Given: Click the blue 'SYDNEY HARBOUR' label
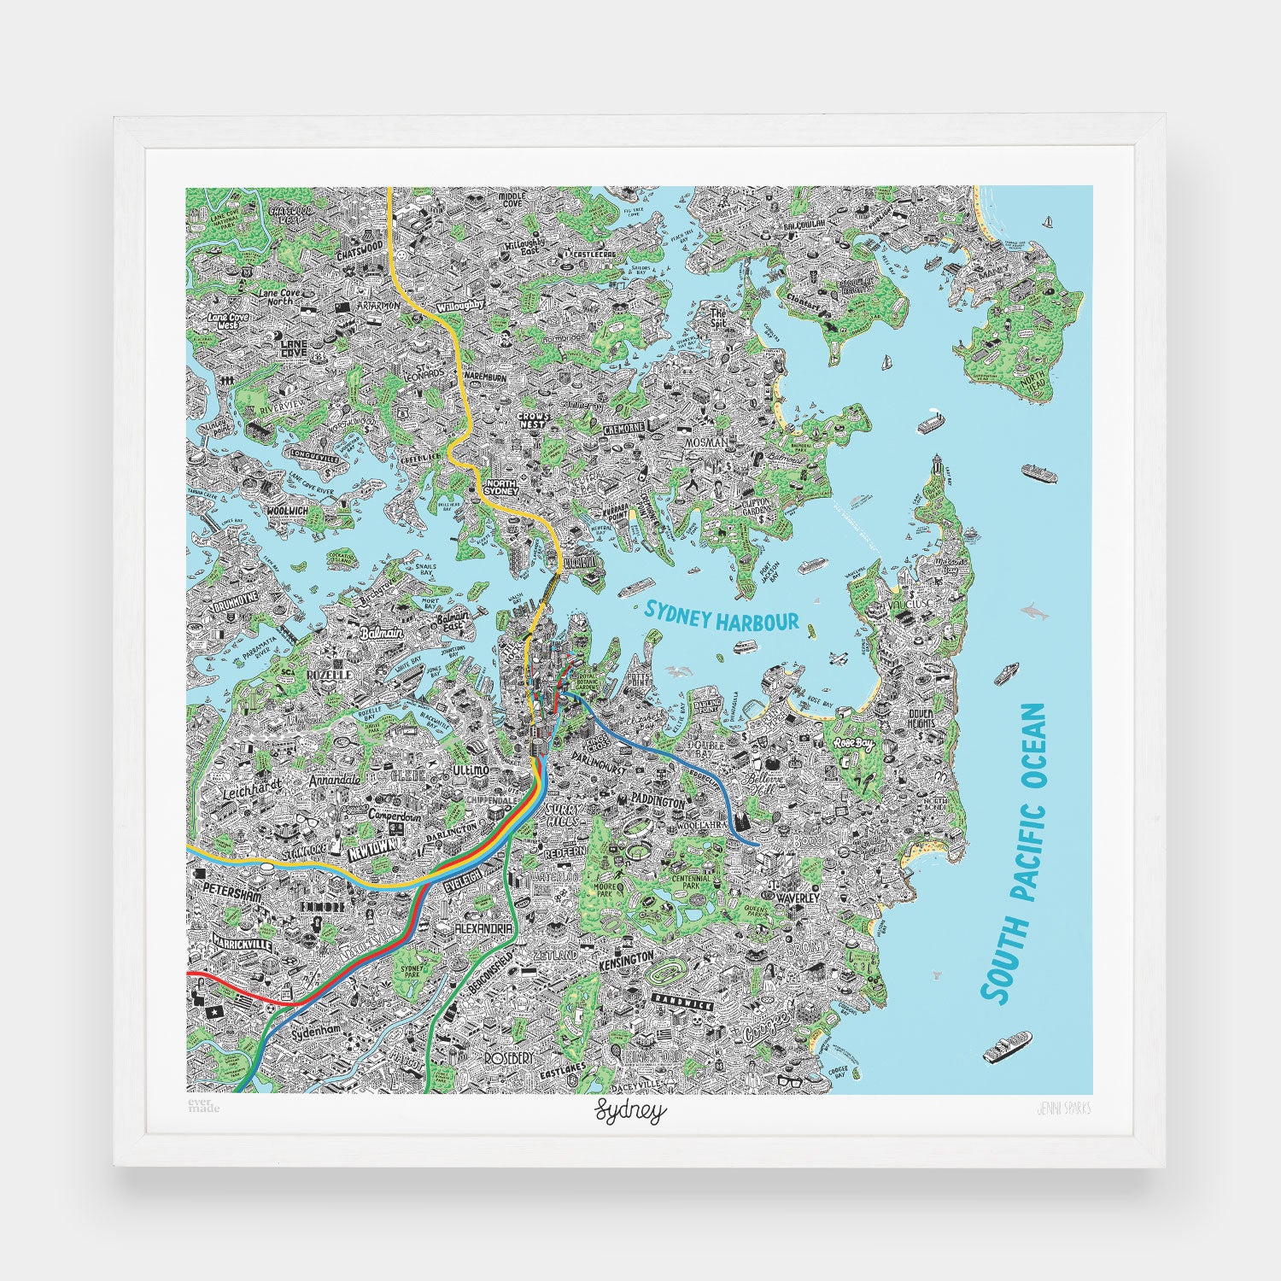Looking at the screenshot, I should pos(722,617).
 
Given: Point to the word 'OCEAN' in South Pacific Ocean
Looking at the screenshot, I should pos(1033,758).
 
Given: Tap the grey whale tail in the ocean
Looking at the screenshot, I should pos(938,974).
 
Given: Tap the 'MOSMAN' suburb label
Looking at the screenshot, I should pos(705,442).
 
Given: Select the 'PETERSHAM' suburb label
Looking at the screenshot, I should pos(231,890).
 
